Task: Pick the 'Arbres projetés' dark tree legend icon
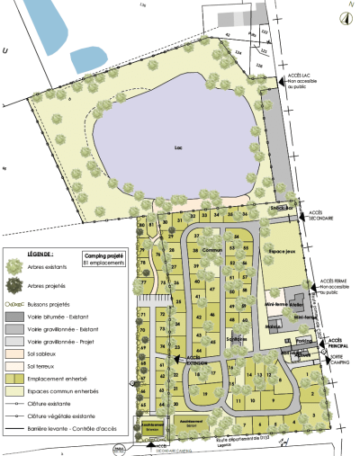click(14, 286)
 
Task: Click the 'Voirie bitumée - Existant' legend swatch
click(15, 317)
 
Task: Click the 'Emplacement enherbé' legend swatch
click(15, 379)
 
